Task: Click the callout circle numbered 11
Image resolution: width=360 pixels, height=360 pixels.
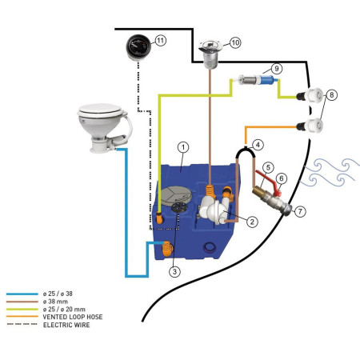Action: [160, 41]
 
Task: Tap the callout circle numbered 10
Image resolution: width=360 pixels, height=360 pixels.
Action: [235, 42]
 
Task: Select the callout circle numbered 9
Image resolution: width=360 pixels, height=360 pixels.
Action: [277, 69]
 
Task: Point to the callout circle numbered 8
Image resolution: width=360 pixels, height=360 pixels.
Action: [332, 94]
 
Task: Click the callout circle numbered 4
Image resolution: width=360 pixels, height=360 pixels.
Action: [258, 145]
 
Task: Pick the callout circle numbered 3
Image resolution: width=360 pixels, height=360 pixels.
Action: [174, 271]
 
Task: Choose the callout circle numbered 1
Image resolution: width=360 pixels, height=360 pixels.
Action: [183, 147]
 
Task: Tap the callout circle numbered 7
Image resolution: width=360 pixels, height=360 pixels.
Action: [300, 211]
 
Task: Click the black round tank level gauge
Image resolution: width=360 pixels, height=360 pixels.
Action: [138, 48]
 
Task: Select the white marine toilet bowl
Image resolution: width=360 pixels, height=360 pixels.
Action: [104, 127]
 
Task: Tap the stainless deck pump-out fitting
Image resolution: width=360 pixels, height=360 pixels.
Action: [210, 54]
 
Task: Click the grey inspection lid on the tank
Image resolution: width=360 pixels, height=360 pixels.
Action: [177, 196]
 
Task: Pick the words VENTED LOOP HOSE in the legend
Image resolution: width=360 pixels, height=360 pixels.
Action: [73, 317]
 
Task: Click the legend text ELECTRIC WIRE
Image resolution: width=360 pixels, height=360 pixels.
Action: [66, 325]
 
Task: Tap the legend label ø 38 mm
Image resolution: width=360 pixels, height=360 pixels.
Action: [55, 302]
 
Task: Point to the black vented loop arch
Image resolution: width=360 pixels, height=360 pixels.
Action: [246, 150]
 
